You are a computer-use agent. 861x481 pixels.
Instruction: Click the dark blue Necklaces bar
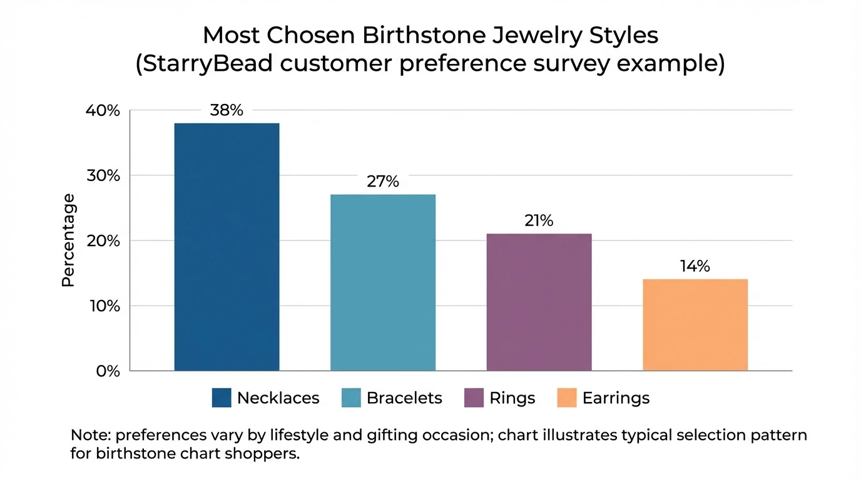coord(227,247)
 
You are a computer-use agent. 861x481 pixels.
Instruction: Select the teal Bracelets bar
coord(382,282)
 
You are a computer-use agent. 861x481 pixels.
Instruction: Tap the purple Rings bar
coord(539,302)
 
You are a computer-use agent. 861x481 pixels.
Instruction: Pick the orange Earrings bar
coord(695,324)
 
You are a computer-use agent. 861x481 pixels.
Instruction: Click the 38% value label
coord(226,111)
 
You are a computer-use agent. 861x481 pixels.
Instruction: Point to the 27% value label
coord(382,182)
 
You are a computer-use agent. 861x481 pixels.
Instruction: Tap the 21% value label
coord(539,221)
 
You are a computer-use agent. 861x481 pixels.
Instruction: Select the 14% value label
coord(695,266)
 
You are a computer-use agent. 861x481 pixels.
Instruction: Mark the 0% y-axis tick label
coord(106,371)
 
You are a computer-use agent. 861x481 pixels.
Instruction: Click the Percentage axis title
coord(68,240)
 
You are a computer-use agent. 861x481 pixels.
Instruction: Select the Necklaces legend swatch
coord(222,398)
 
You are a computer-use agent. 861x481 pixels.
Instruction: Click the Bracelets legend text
coord(404,398)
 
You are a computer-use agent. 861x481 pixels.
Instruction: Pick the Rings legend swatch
coord(474,398)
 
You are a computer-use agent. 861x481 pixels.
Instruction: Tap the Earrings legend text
coord(616,398)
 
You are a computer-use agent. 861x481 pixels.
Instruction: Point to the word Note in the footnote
coord(90,435)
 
